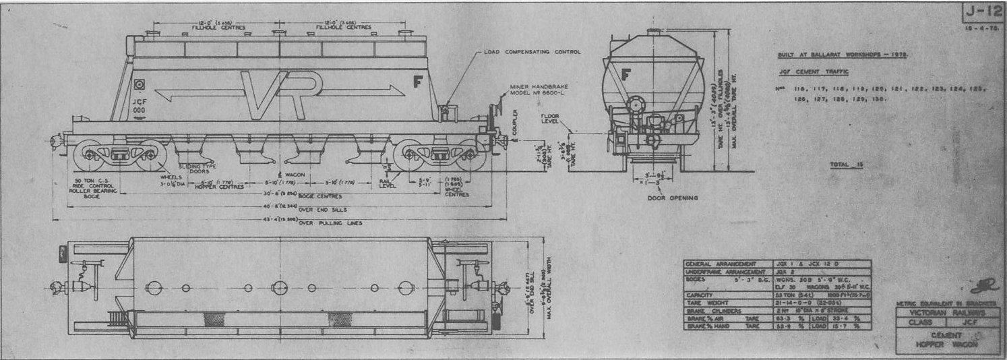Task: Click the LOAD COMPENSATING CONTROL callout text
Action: click(x=532, y=52)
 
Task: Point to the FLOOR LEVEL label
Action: click(x=551, y=120)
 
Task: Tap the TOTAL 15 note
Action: click(x=847, y=164)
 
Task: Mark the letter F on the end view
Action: click(x=626, y=74)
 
